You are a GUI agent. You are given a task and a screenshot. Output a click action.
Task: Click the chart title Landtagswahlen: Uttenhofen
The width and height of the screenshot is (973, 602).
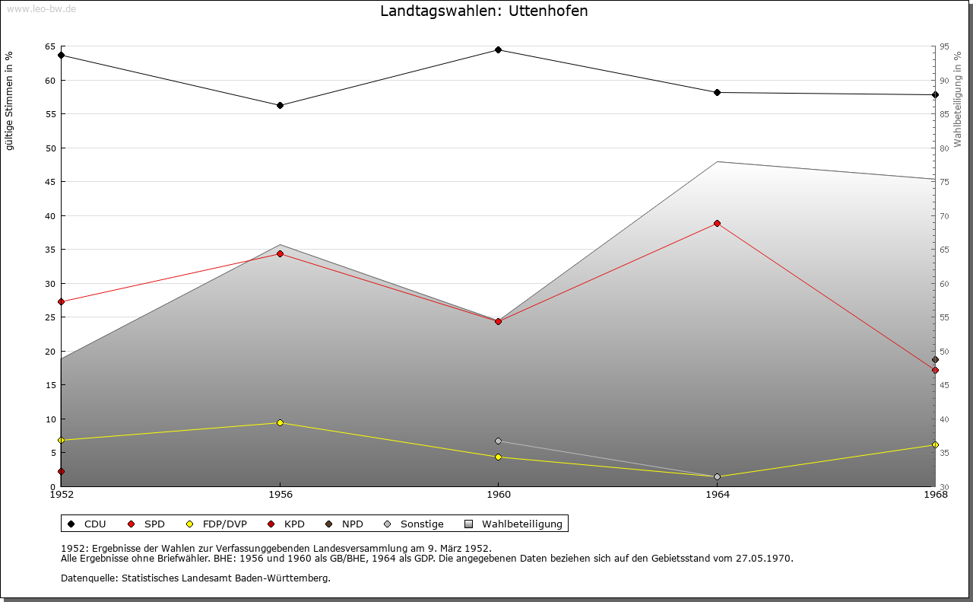coord(483,11)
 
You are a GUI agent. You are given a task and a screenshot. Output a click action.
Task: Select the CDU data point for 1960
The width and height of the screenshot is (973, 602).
coord(498,50)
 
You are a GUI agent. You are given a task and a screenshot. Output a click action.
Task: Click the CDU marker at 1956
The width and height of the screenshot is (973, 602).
coord(280,106)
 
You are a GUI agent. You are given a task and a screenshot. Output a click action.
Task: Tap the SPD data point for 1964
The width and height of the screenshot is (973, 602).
coord(717,224)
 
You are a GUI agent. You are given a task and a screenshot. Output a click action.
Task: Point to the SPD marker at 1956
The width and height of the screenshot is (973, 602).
coord(280,254)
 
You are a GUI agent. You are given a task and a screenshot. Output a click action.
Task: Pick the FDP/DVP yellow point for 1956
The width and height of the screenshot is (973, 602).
coord(280,423)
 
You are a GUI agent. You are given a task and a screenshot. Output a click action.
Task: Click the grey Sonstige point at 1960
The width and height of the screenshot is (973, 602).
coord(498,441)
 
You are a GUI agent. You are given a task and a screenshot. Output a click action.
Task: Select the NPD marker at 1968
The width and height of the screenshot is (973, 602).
coord(935,360)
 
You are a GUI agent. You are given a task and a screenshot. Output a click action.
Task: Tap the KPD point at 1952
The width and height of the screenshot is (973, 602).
coord(61,472)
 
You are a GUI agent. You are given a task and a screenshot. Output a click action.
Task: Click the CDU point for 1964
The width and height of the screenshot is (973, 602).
coord(717,93)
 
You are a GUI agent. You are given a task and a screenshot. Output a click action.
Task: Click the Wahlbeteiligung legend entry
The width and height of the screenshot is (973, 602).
coord(515,524)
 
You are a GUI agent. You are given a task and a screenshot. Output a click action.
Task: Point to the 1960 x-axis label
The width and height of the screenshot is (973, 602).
coord(498,495)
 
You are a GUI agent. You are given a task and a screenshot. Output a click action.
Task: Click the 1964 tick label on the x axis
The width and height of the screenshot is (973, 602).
coord(717,495)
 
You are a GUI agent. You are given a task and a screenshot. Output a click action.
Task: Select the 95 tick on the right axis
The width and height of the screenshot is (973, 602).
coord(943,46)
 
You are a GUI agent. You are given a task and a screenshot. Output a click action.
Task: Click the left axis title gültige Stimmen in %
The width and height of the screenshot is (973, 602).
coord(10,100)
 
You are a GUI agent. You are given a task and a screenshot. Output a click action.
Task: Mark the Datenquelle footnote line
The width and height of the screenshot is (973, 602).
coord(195,578)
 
